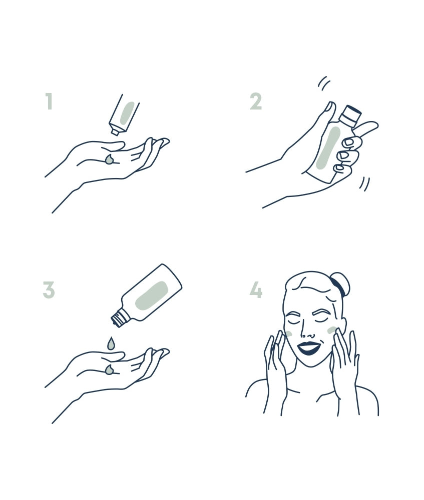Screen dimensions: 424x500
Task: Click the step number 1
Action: coord(49,101)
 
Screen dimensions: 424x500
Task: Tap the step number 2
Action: coord(256,101)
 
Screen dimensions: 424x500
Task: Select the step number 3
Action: coord(49,290)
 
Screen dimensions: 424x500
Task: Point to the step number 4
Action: coord(256,290)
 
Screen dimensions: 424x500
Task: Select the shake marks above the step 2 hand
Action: coord(324,82)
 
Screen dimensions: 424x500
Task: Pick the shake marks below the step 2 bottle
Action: coord(364,184)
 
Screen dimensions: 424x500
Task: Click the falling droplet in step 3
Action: coord(111,343)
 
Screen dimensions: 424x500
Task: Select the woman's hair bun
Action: coord(340,284)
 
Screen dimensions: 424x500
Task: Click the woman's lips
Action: coord(308,348)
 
